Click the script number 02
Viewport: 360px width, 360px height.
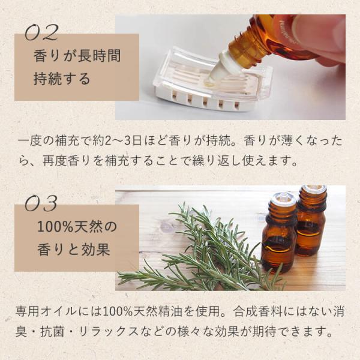41,32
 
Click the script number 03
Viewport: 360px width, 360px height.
41,203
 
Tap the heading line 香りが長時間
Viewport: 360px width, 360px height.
77,56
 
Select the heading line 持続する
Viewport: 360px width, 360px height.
62,79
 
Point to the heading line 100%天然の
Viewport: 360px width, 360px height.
77,227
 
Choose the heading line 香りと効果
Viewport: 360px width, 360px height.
73,250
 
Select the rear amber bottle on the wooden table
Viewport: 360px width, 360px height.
311,220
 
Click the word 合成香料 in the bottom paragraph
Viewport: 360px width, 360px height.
257,311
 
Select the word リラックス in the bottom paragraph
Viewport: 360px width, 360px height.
108,332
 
